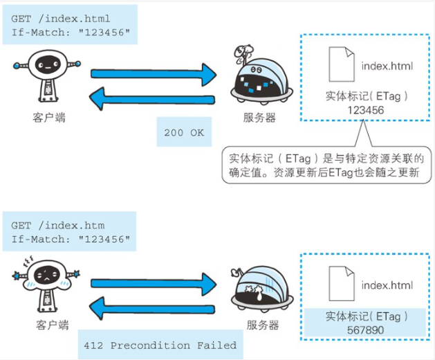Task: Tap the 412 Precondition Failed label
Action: coord(160,345)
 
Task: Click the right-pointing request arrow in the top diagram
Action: coord(155,72)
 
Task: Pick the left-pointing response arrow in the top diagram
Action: coord(155,101)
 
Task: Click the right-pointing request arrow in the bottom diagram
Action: coord(155,280)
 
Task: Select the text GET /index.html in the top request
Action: coord(61,19)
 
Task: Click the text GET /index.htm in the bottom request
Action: coord(58,226)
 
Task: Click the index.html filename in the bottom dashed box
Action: coord(387,285)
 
